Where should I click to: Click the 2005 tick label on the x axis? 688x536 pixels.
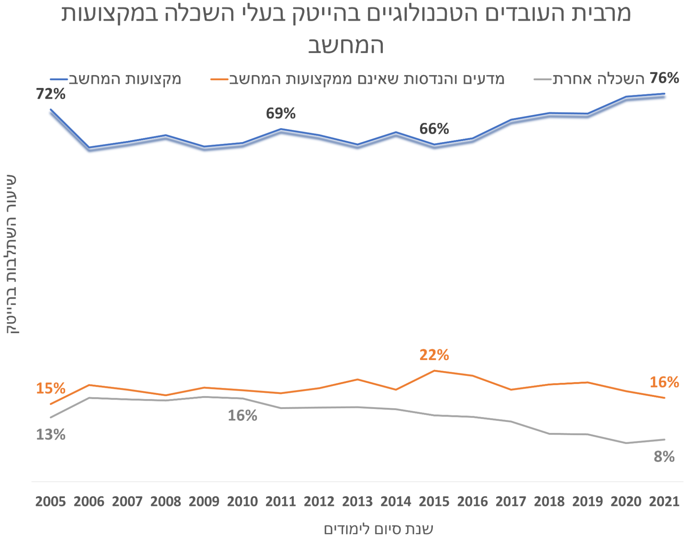(50, 501)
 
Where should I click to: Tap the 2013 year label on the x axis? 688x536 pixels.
(357, 501)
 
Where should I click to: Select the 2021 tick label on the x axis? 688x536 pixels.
(664, 501)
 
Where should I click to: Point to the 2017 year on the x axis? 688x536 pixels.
(511, 501)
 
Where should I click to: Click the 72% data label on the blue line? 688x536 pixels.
(51, 94)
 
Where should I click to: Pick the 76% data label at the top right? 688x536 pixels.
(664, 78)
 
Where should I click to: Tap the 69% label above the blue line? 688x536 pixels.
(281, 113)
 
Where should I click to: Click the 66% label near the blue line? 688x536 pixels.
(434, 129)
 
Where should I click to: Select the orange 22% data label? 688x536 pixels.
(434, 355)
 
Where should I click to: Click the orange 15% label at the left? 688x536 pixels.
(51, 388)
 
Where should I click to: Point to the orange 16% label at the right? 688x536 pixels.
(664, 382)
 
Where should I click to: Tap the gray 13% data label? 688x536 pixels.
(51, 434)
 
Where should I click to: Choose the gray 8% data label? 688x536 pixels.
(664, 457)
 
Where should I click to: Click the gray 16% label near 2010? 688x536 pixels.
(243, 415)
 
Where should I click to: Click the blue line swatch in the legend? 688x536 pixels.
(59, 79)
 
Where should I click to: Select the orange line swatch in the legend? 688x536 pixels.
(219, 79)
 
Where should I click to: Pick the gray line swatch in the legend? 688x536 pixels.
(542, 79)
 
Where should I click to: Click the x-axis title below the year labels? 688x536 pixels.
(378, 528)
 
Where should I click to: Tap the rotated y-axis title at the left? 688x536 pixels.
(12, 254)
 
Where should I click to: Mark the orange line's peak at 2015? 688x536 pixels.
(434, 371)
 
